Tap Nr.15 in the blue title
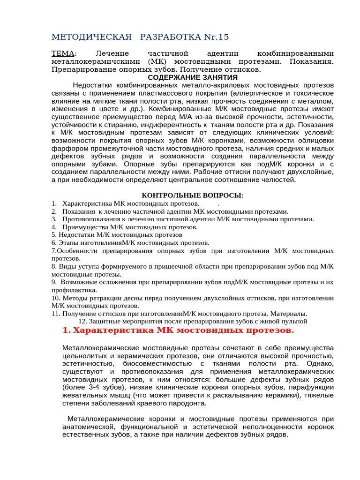(x=211, y=37)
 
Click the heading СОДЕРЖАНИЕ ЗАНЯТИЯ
(x=193, y=77)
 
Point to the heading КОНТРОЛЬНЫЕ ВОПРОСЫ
(x=193, y=195)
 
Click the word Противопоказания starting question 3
(x=90, y=219)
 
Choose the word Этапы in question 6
(x=67, y=243)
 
